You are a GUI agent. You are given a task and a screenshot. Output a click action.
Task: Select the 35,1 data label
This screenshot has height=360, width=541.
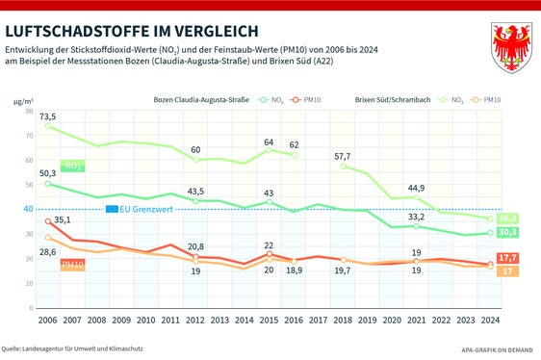click(62, 220)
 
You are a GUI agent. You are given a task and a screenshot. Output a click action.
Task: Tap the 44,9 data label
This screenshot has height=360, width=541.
click(416, 188)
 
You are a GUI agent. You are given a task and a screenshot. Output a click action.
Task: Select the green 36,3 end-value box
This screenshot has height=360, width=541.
click(509, 219)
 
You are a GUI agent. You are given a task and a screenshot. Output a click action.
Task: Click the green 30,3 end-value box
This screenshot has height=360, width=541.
click(509, 233)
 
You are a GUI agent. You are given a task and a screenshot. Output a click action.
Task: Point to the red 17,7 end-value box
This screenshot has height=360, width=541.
click(509, 257)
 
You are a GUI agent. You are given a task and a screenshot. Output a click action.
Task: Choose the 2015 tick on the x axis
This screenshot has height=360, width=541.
click(269, 320)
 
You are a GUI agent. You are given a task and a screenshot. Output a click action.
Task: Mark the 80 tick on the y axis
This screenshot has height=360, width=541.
click(28, 111)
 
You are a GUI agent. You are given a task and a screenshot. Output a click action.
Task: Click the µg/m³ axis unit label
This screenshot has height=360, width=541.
click(23, 98)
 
